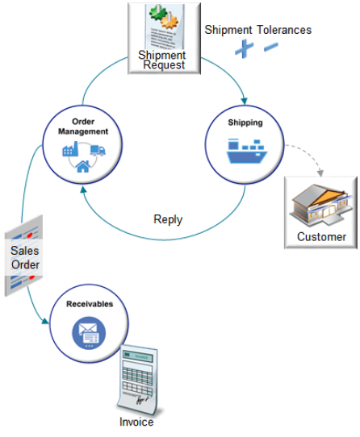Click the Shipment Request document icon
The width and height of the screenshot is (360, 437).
click(165, 36)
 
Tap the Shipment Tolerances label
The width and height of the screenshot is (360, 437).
click(257, 30)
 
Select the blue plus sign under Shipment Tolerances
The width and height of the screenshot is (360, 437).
click(243, 49)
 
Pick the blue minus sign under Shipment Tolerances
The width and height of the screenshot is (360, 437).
click(270, 47)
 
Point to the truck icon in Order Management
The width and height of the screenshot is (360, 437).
click(98, 149)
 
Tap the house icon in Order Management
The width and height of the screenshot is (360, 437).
click(83, 167)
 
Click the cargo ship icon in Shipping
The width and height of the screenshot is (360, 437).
click(245, 152)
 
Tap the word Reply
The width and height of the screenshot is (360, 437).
click(168, 219)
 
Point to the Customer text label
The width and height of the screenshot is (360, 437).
click(321, 237)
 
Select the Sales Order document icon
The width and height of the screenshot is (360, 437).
click(24, 256)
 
